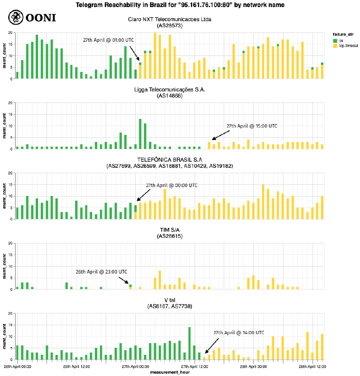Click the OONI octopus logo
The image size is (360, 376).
(x=16, y=17)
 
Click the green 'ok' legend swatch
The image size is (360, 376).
(x=335, y=40)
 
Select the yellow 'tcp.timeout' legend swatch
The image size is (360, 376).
(x=335, y=46)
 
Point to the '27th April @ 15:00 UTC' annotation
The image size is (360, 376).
(x=252, y=126)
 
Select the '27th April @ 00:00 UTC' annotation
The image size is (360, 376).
(x=172, y=185)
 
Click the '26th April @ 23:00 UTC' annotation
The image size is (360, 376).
(x=102, y=272)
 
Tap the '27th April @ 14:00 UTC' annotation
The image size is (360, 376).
(x=238, y=332)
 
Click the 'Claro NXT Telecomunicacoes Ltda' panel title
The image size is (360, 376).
(x=170, y=20)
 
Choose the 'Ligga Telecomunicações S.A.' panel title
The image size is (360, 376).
(x=170, y=89)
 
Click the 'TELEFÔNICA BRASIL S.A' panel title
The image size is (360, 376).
(x=170, y=160)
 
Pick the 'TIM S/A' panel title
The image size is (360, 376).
(x=170, y=229)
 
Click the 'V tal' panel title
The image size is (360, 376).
(x=170, y=300)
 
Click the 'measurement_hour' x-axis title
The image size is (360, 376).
(x=170, y=372)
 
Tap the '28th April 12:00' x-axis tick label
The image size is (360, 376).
(x=312, y=367)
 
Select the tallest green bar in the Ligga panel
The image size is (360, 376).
(x=140, y=134)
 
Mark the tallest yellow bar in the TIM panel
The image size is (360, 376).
(x=160, y=280)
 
